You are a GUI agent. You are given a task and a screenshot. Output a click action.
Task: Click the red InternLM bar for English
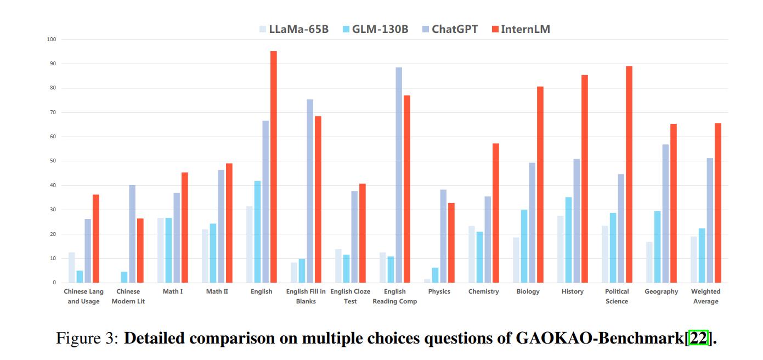(273, 167)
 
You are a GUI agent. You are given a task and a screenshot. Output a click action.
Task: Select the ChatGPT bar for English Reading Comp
(399, 175)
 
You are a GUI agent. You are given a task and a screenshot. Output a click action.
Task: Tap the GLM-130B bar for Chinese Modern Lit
(125, 277)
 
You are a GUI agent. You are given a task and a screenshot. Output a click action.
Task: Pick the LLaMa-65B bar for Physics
(427, 281)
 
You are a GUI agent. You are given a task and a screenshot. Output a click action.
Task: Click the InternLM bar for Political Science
(629, 175)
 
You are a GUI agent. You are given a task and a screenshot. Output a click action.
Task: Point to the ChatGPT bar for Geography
(665, 213)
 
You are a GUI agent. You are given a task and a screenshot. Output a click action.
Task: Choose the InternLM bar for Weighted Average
(717, 203)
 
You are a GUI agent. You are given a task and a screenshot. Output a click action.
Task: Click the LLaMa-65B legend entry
(294, 29)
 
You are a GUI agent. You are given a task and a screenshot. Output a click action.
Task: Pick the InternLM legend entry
(520, 29)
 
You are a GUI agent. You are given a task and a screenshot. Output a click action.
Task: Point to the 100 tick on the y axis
(52, 40)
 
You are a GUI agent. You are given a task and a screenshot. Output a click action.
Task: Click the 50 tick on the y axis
(53, 161)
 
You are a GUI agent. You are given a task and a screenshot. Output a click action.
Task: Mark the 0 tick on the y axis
(54, 283)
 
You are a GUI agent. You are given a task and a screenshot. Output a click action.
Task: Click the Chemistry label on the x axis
(484, 291)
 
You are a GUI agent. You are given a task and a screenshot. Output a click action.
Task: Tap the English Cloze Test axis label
(351, 296)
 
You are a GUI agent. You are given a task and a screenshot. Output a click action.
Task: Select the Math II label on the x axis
(217, 291)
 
